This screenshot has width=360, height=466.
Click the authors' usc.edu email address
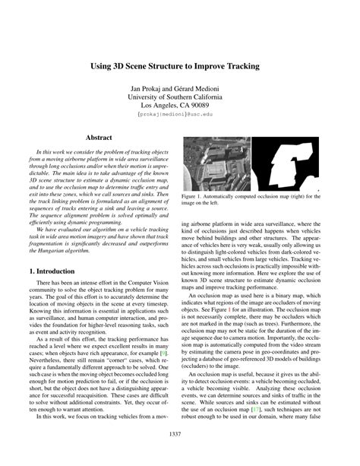pos(179,118)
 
